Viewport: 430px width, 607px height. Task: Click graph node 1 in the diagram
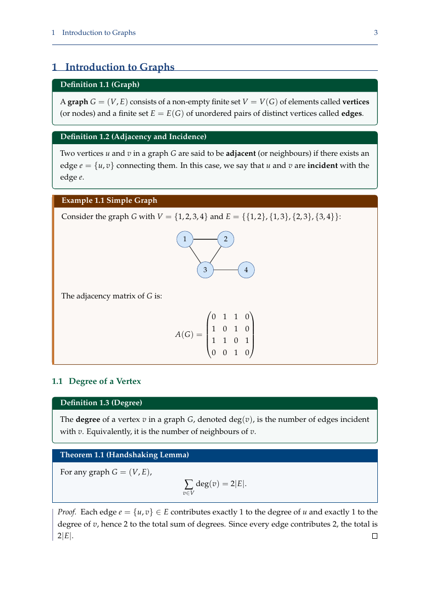pos(185,239)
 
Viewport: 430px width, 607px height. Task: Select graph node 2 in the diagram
pos(225,239)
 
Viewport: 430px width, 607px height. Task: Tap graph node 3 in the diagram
pos(205,270)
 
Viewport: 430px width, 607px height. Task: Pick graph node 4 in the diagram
pos(246,270)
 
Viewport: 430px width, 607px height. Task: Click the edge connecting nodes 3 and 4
pos(225,270)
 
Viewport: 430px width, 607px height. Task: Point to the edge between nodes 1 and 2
pos(205,239)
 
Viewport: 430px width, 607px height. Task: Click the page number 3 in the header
pos(376,33)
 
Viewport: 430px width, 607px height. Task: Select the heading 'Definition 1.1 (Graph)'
pos(100,84)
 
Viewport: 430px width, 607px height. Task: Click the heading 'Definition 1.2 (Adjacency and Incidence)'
pos(133,137)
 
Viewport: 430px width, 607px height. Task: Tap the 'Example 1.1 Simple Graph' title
pos(109,201)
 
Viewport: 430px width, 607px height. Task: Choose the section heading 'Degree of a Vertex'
pos(105,381)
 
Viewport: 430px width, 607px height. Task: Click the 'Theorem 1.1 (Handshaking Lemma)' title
pos(125,455)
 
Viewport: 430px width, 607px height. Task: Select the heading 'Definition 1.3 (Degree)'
pos(101,403)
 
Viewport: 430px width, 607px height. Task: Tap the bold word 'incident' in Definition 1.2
pos(322,165)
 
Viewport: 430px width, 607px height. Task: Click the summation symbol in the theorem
pos(189,484)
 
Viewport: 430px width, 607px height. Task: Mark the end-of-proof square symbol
pos(375,536)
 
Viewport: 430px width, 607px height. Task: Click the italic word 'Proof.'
pos(67,512)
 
